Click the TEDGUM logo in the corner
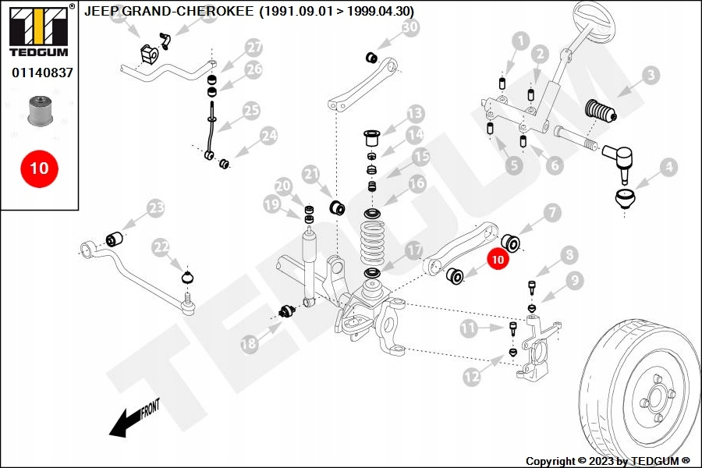coord(40,30)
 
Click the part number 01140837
coord(42,73)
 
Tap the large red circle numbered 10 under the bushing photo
coord(40,168)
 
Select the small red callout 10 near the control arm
coord(498,259)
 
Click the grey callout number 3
coord(651,75)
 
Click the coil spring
coord(373,243)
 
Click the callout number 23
coord(156,208)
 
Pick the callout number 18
coord(249,344)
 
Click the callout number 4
coord(668,168)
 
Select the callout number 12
coord(471,377)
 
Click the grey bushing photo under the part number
coord(41,110)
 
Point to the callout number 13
coord(415,114)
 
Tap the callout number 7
coord(552,212)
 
